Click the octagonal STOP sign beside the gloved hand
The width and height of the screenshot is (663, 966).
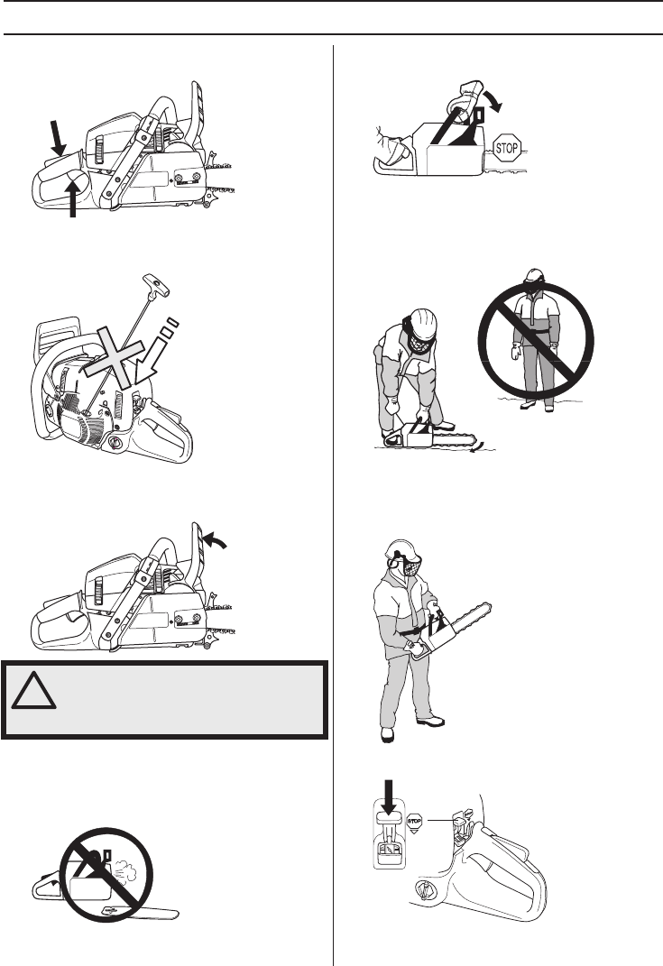pyautogui.click(x=506, y=148)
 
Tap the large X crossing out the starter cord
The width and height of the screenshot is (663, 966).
pyautogui.click(x=116, y=354)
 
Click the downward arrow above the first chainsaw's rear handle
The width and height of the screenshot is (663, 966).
pyautogui.click(x=57, y=137)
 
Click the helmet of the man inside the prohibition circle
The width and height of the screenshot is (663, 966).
pyautogui.click(x=535, y=276)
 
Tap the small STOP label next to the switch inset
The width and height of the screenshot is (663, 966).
pyautogui.click(x=414, y=821)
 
